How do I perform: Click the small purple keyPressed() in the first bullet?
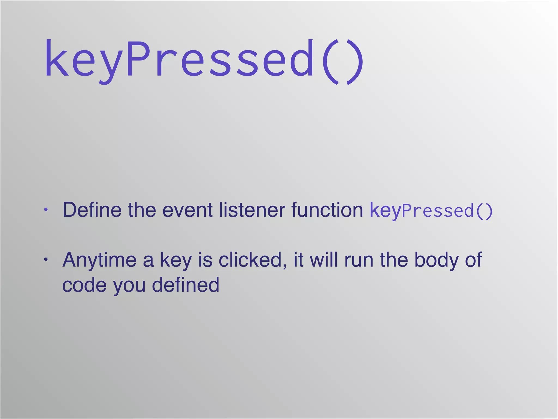[x=431, y=211]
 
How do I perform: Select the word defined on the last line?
[x=185, y=285]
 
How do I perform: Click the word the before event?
[x=142, y=210]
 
